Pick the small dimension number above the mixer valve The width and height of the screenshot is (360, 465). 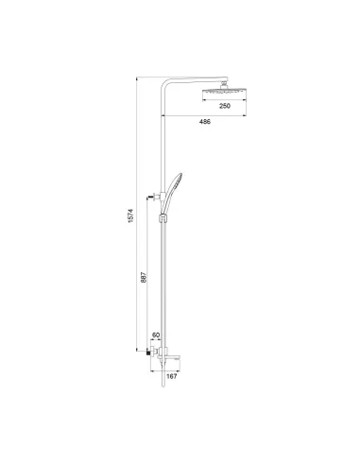click(157, 335)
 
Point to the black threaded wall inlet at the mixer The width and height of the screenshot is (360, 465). click(154, 354)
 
